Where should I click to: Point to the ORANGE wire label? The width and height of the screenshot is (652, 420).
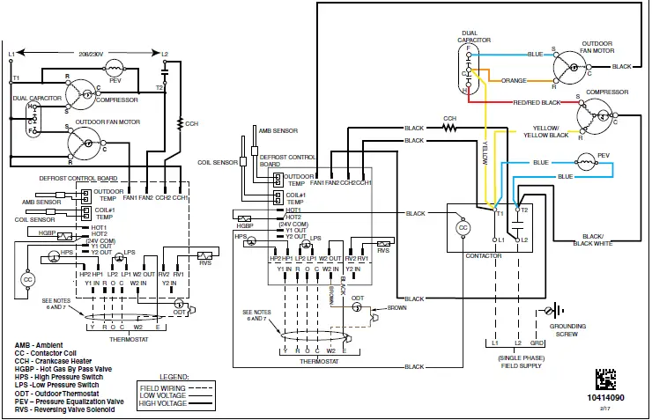click(x=515, y=80)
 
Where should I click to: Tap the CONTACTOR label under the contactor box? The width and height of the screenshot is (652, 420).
click(x=481, y=255)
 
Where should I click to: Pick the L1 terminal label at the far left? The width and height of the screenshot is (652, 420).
click(x=11, y=55)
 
